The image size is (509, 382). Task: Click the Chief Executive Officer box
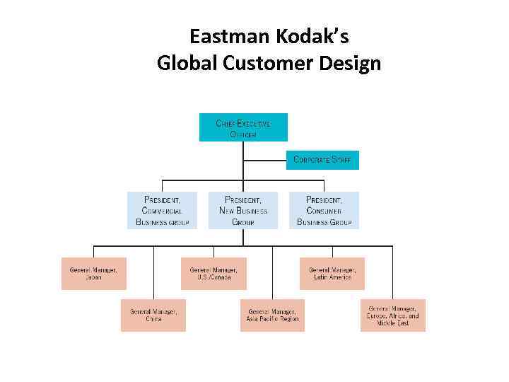243,127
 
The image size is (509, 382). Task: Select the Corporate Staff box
322,160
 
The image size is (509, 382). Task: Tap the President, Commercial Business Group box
163,210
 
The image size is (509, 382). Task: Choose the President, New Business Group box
243,210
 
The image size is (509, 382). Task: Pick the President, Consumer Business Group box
324,210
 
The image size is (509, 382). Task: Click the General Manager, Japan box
93,273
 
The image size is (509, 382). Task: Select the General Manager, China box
153,315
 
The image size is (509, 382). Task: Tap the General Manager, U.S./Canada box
213,273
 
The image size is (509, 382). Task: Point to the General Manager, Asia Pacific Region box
273,315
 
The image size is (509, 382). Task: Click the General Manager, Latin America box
332,273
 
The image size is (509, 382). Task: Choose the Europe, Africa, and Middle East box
393,315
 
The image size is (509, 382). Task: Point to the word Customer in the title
261,64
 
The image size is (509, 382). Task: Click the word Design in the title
348,64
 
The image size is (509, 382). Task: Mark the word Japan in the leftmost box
93,277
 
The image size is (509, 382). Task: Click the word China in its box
153,319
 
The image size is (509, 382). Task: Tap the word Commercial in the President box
163,211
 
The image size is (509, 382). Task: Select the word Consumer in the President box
324,211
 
